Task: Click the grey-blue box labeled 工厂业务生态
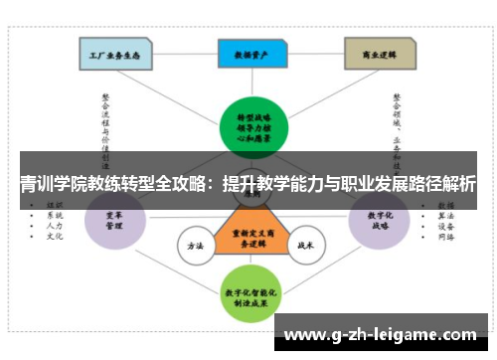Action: click(x=115, y=55)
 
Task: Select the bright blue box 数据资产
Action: click(x=248, y=55)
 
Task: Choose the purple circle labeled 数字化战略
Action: click(x=381, y=221)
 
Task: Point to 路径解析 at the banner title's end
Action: click(x=436, y=183)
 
